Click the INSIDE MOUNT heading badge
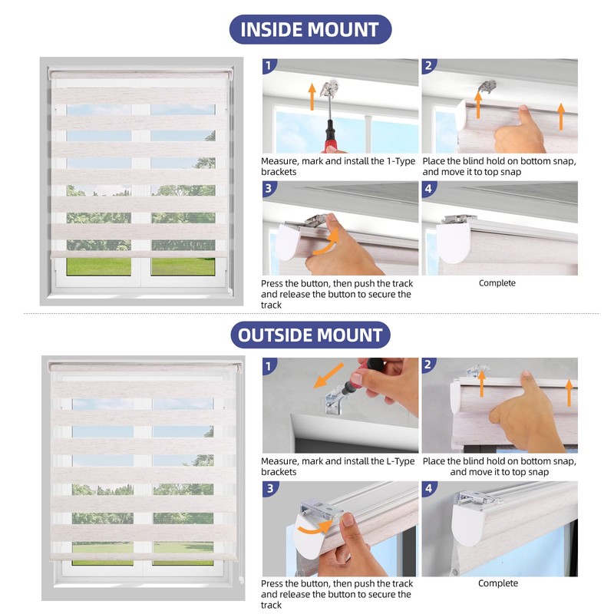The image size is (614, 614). (x=310, y=29)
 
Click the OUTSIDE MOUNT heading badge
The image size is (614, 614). (x=310, y=335)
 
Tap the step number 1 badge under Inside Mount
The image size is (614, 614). (x=269, y=65)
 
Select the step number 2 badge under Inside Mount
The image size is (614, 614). (x=428, y=65)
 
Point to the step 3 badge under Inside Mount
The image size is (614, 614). (x=269, y=188)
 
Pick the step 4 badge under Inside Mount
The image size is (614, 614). (x=428, y=188)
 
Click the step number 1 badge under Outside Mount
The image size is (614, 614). (x=269, y=366)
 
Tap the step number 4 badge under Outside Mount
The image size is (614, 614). (x=429, y=488)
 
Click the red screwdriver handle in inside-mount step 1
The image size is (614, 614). (x=330, y=137)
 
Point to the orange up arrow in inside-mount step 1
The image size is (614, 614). (x=312, y=97)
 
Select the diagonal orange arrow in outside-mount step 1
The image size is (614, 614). (x=328, y=375)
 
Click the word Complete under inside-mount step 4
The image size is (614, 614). (x=497, y=283)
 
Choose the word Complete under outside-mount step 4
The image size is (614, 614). (x=497, y=583)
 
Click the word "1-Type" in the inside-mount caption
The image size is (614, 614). (x=401, y=161)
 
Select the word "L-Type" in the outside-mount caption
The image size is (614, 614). (x=400, y=461)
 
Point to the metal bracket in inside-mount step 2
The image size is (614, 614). (x=488, y=86)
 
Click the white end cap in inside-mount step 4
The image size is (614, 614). (x=453, y=243)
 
